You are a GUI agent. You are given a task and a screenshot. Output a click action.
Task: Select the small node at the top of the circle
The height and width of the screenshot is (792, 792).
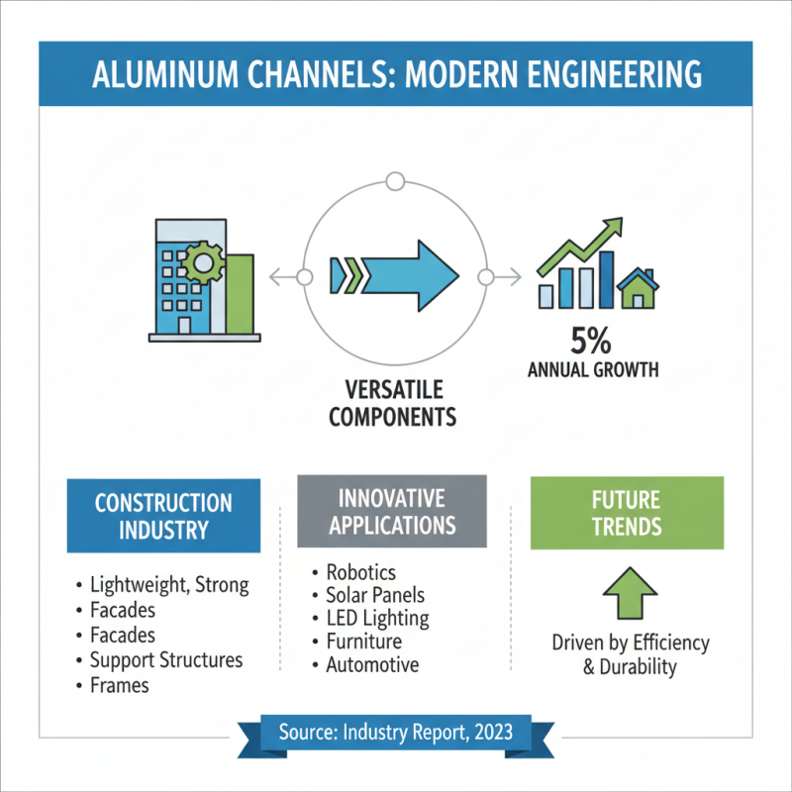395,182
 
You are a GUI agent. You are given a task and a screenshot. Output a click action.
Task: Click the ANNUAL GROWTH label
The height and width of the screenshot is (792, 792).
592,372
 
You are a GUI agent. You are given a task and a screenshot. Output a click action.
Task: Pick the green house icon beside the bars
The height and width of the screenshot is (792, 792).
639,290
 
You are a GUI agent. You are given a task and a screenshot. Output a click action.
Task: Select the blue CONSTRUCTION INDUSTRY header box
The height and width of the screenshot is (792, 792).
163,516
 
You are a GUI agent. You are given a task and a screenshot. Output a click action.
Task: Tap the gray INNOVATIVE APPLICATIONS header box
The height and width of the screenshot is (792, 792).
392,511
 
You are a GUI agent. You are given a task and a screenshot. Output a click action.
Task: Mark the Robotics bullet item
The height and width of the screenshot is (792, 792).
360,572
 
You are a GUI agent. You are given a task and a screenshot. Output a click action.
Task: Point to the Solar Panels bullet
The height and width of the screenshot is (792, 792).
375,595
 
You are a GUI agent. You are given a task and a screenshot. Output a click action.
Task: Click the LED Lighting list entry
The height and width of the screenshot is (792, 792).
377,619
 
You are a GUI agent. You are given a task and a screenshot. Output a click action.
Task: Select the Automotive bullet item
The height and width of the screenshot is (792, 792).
372,665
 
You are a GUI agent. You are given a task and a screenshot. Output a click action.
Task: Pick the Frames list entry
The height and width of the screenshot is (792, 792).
119,684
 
